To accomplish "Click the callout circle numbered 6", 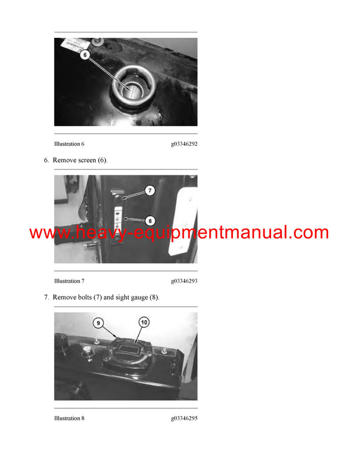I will click(x=84, y=55).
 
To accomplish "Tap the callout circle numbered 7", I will click(x=149, y=190).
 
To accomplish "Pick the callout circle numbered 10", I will click(x=143, y=322).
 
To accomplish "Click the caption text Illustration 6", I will click(x=69, y=144).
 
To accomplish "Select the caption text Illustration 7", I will click(x=69, y=281).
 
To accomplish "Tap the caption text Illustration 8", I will click(x=69, y=418).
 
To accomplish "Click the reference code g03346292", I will click(x=184, y=144).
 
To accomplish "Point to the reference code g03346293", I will click(x=184, y=281).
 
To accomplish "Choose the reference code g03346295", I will click(x=184, y=418).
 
